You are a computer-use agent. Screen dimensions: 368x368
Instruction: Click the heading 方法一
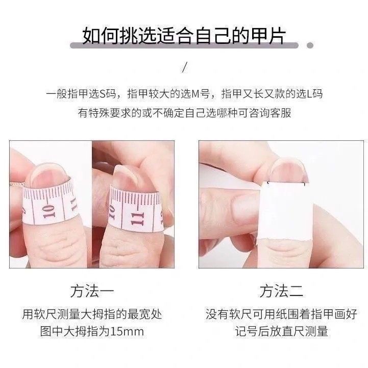[x=92, y=291]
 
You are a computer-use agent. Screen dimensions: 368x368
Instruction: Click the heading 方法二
[x=281, y=291]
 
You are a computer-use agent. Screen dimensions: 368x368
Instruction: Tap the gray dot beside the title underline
[x=310, y=45]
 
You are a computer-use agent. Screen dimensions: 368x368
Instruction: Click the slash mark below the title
[x=185, y=67]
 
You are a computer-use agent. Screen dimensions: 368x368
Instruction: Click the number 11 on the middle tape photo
[x=137, y=219]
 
